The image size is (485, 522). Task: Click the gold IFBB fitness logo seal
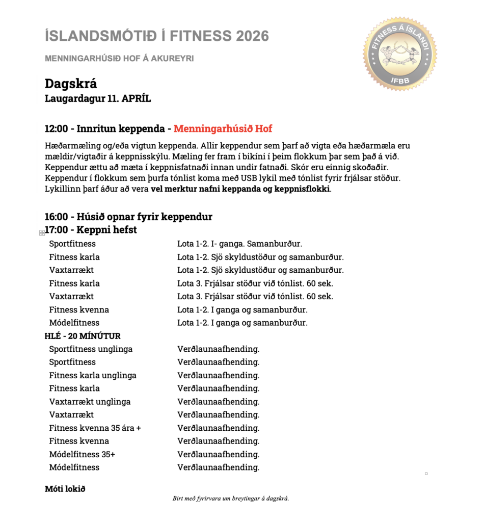point(400,53)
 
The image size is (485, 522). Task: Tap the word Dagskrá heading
point(71,84)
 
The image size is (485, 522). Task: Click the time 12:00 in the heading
point(57,128)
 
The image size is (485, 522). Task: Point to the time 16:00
point(57,217)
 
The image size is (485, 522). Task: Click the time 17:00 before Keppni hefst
point(58,230)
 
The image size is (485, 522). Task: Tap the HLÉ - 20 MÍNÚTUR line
point(83,336)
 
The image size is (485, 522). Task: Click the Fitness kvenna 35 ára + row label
point(95,428)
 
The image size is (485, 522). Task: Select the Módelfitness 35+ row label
point(82,454)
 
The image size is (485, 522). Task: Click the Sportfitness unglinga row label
point(91,349)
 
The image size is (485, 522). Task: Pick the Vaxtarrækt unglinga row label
point(90,402)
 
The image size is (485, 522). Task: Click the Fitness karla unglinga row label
point(93,375)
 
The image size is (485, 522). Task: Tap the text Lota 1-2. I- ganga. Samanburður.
point(243,244)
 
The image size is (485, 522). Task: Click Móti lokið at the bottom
point(65,489)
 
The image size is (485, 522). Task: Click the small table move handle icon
point(42,232)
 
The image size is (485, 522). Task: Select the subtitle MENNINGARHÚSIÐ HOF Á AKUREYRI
point(119,58)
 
